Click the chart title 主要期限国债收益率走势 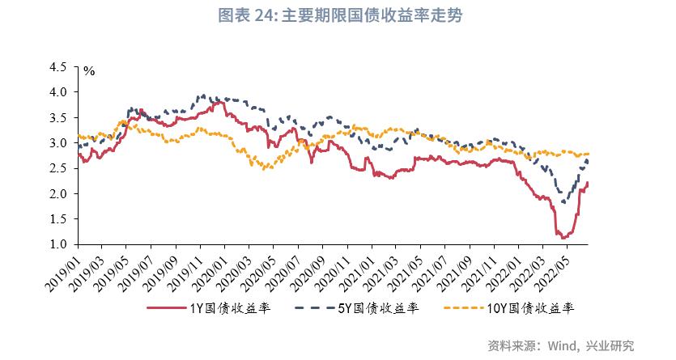tap(372, 16)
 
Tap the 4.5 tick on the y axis tap(58, 67)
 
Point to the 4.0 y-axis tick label tap(58, 92)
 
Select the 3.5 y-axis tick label tap(58, 118)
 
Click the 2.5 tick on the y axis tap(58, 168)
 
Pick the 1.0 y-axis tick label tap(58, 244)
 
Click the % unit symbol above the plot tap(89, 72)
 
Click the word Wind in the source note tap(557, 345)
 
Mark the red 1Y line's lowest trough tap(559, 236)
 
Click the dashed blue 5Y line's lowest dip tap(563, 202)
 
